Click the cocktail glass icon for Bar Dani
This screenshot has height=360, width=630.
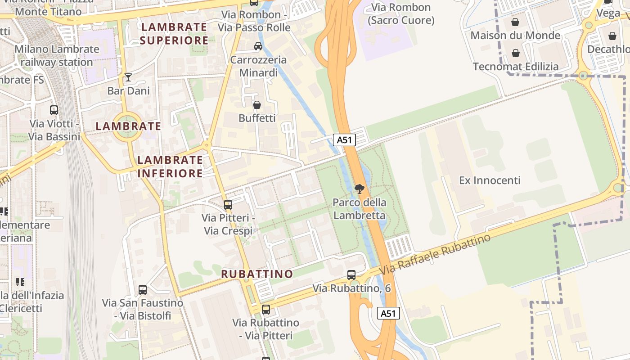tap(128, 77)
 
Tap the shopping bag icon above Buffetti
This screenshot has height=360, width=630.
tap(256, 105)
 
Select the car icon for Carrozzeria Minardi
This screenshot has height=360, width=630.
tap(258, 46)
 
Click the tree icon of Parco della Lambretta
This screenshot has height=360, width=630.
tap(359, 189)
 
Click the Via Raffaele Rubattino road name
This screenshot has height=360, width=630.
tap(435, 255)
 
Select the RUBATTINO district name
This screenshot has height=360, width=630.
tap(257, 274)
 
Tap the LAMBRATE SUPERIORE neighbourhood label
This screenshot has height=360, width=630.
tap(174, 34)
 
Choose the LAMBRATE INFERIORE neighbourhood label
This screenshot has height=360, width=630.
tap(170, 166)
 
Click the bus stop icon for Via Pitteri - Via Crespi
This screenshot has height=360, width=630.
tap(228, 204)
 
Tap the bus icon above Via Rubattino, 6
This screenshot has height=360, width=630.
tap(351, 274)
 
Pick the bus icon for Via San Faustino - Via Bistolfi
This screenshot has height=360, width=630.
tap(143, 290)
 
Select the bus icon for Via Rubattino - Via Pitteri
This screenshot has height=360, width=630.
tap(266, 309)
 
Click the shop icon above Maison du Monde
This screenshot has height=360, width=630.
tap(515, 22)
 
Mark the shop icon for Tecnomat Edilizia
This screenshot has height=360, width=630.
tap(516, 53)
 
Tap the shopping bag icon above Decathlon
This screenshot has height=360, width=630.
tap(612, 36)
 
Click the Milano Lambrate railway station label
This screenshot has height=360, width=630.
tap(57, 56)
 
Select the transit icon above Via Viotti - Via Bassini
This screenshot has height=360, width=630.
tap(54, 110)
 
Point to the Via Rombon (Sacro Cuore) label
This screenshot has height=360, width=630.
tap(401, 14)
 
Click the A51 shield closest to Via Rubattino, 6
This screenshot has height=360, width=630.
tap(388, 313)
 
